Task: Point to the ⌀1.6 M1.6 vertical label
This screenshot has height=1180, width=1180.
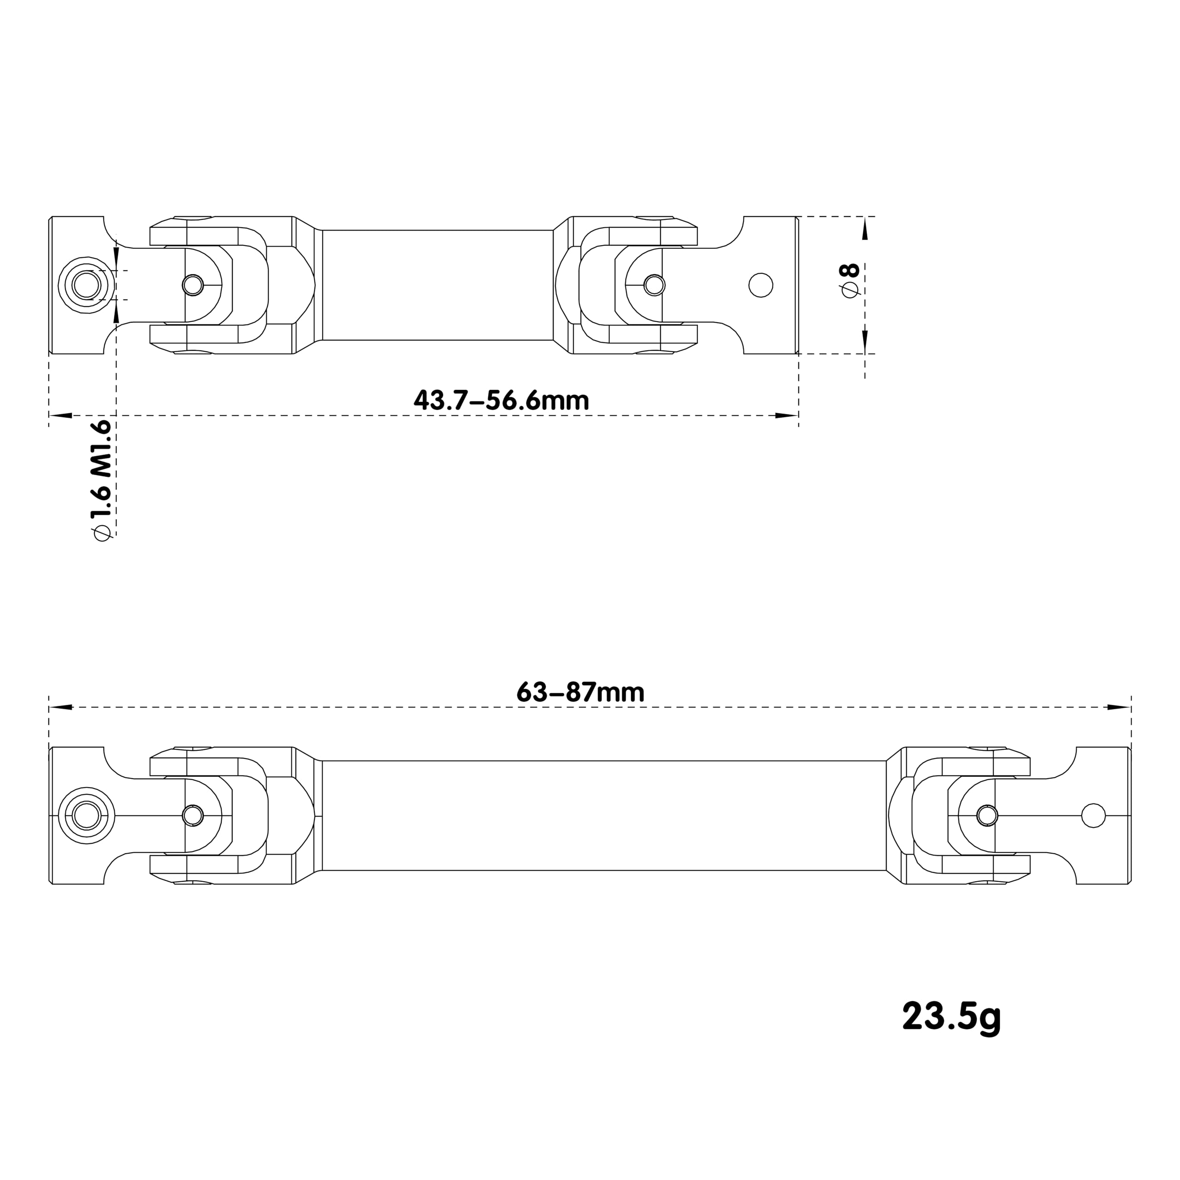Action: click(101, 479)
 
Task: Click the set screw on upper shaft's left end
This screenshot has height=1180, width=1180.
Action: click(86, 285)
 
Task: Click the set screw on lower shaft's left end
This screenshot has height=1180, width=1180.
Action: click(86, 815)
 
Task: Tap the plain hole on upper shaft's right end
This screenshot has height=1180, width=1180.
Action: click(761, 285)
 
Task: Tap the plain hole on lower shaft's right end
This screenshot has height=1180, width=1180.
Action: click(1093, 815)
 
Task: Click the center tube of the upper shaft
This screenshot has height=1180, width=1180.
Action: click(437, 285)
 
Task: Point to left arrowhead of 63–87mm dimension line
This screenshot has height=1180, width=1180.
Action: click(61, 707)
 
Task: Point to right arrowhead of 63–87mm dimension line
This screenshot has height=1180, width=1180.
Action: click(1119, 707)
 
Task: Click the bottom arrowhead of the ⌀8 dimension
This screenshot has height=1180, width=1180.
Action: click(865, 341)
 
